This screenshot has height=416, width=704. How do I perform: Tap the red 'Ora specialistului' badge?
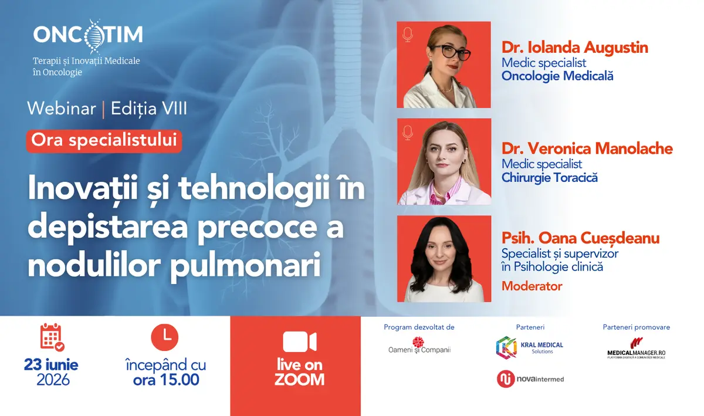(104, 141)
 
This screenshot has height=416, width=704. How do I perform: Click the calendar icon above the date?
(52, 337)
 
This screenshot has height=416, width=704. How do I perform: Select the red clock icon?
(165, 337)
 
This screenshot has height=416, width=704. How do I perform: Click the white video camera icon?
(300, 341)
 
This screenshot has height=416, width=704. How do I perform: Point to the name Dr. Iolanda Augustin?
(575, 48)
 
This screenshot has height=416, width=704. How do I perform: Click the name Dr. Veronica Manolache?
(587, 148)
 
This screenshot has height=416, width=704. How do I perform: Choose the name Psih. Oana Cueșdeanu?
(580, 238)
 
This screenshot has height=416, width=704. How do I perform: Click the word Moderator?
(532, 286)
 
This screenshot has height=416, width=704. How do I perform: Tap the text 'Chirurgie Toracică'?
(549, 178)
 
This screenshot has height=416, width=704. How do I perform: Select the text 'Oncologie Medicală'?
(557, 76)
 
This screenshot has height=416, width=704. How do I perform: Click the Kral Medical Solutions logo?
(530, 347)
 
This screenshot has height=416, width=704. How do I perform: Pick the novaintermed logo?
(530, 379)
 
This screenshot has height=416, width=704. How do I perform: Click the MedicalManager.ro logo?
(637, 349)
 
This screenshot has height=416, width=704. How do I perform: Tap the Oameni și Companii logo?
(419, 346)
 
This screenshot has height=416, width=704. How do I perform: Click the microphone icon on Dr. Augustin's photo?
(408, 35)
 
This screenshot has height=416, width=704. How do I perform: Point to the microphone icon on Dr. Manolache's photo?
(408, 133)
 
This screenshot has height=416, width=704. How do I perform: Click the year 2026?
(53, 380)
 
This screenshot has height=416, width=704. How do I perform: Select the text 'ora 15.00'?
(166, 380)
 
